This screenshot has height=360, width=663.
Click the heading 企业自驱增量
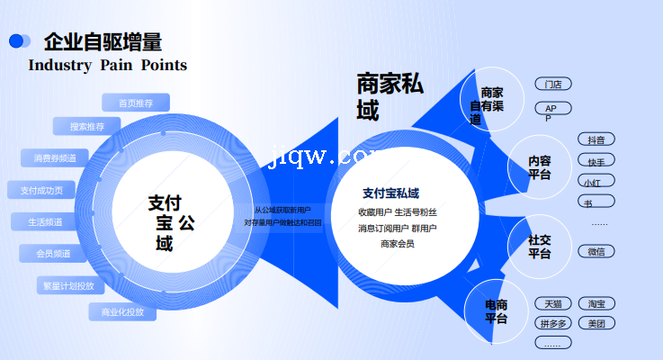[103, 41]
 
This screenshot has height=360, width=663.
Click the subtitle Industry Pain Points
[108, 65]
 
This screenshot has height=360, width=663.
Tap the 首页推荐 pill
[135, 103]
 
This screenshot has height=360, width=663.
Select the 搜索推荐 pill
[86, 127]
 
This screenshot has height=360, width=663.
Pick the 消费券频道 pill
[55, 158]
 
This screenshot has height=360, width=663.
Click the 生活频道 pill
[46, 221]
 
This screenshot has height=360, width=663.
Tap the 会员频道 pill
[54, 254]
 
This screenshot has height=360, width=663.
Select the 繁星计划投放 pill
[67, 286]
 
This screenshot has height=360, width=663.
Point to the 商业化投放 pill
[122, 312]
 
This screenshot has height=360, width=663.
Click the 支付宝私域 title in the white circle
[390, 193]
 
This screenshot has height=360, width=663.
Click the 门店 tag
[553, 85]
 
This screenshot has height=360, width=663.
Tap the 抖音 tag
[596, 139]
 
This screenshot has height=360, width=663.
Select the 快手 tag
[596, 162]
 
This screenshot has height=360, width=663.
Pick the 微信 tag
[596, 252]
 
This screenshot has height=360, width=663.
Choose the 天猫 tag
[553, 303]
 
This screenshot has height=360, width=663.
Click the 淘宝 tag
[596, 303]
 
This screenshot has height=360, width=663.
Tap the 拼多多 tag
[553, 323]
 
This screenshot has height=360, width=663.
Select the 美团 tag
[596, 323]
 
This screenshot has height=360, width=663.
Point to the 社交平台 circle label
[540, 247]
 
